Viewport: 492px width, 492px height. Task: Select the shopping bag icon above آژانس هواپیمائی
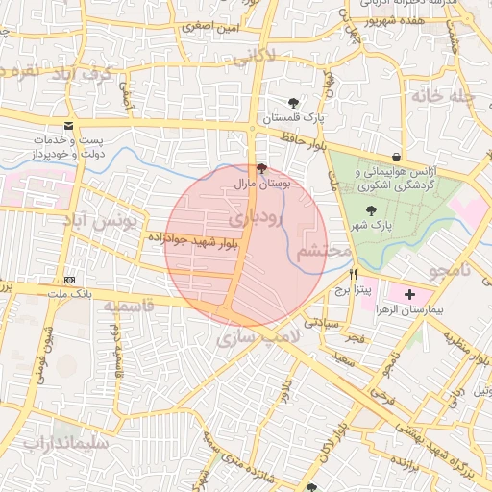pos(397,157)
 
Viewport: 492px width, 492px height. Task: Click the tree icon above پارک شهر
pos(372,211)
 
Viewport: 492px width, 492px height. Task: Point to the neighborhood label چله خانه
pos(442,96)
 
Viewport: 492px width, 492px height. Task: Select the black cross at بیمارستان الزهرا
pos(410,293)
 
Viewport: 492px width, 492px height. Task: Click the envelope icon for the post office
pos(67,126)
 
